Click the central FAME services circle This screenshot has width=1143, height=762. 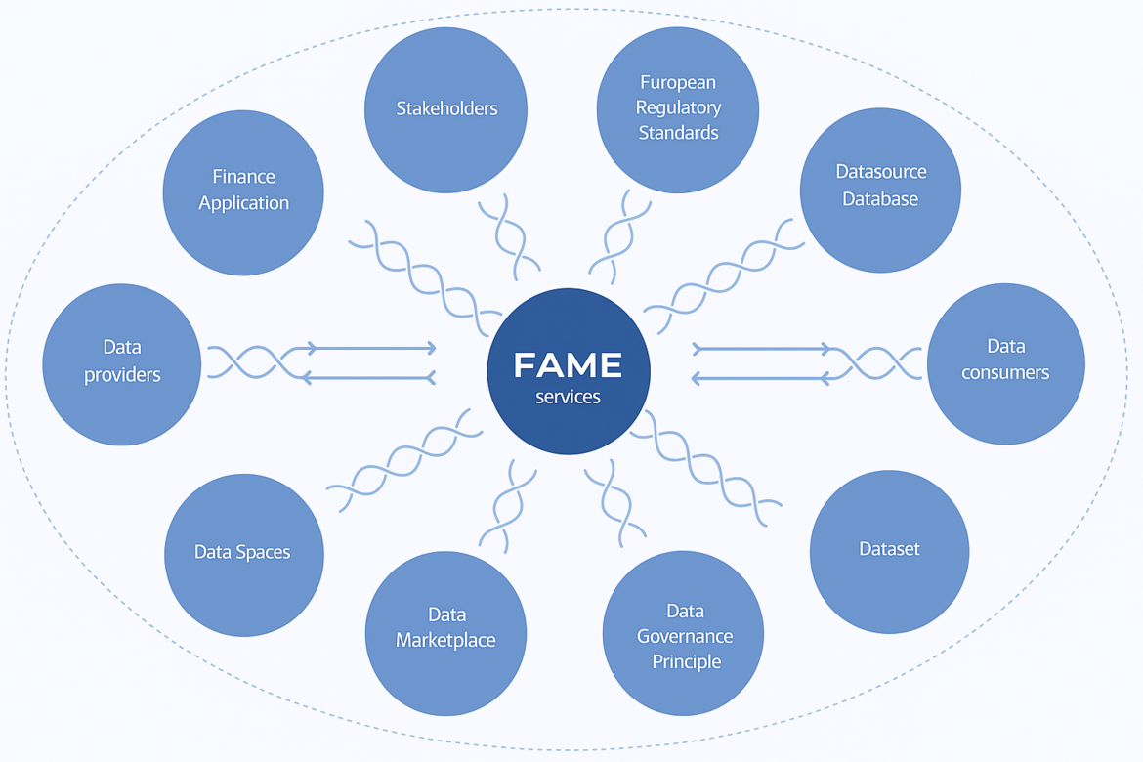(569, 372)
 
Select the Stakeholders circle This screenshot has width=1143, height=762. (446, 109)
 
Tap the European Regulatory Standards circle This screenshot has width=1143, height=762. (678, 109)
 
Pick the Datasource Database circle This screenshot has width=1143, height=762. (880, 190)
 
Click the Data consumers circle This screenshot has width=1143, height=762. (1005, 363)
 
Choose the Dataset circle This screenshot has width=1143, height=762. (889, 551)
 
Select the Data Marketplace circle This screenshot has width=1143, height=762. (445, 633)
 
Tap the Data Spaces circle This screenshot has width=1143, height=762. (243, 554)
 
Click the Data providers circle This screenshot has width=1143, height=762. (122, 363)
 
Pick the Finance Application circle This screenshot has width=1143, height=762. (243, 192)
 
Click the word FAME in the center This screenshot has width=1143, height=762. (568, 365)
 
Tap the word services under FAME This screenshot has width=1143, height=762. (568, 398)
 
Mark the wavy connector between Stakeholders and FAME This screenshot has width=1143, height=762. (508, 233)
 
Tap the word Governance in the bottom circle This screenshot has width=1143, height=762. (684, 636)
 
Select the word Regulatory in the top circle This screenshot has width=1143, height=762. (678, 107)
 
